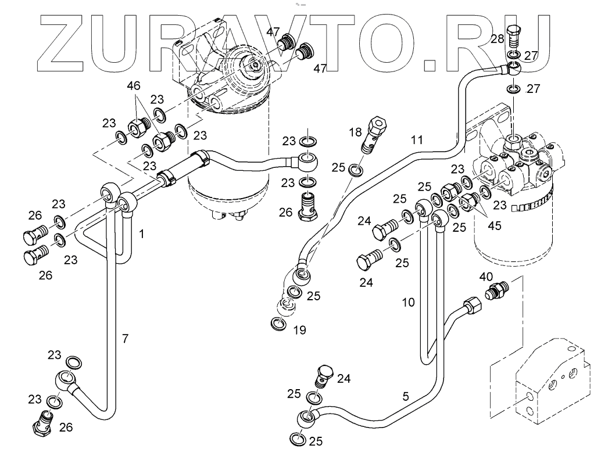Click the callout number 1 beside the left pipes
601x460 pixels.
coord(141,233)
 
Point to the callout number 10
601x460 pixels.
coord(409,302)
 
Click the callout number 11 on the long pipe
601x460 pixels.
coord(417,140)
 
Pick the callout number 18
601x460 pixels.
coord(355,133)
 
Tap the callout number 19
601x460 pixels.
coord(300,330)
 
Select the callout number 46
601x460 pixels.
coord(134,86)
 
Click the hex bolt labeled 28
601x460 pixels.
coord(514,37)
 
